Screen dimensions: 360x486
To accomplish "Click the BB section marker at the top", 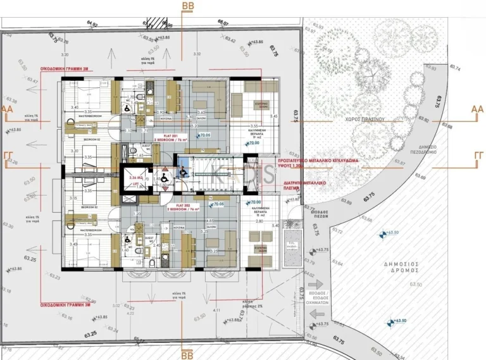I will (x=188, y=6).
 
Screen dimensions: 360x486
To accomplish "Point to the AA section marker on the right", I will (x=477, y=109).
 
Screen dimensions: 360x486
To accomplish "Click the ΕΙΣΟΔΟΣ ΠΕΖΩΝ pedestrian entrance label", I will (x=311, y=214).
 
